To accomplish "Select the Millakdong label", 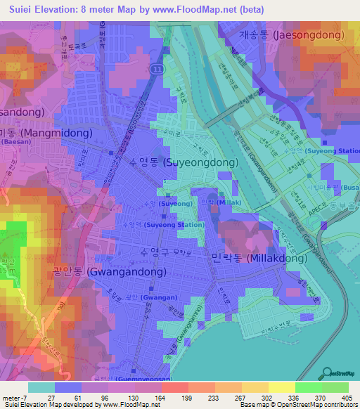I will coord(259,258).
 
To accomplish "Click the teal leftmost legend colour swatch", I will coord(41,387).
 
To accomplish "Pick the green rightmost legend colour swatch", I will coord(335,387).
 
